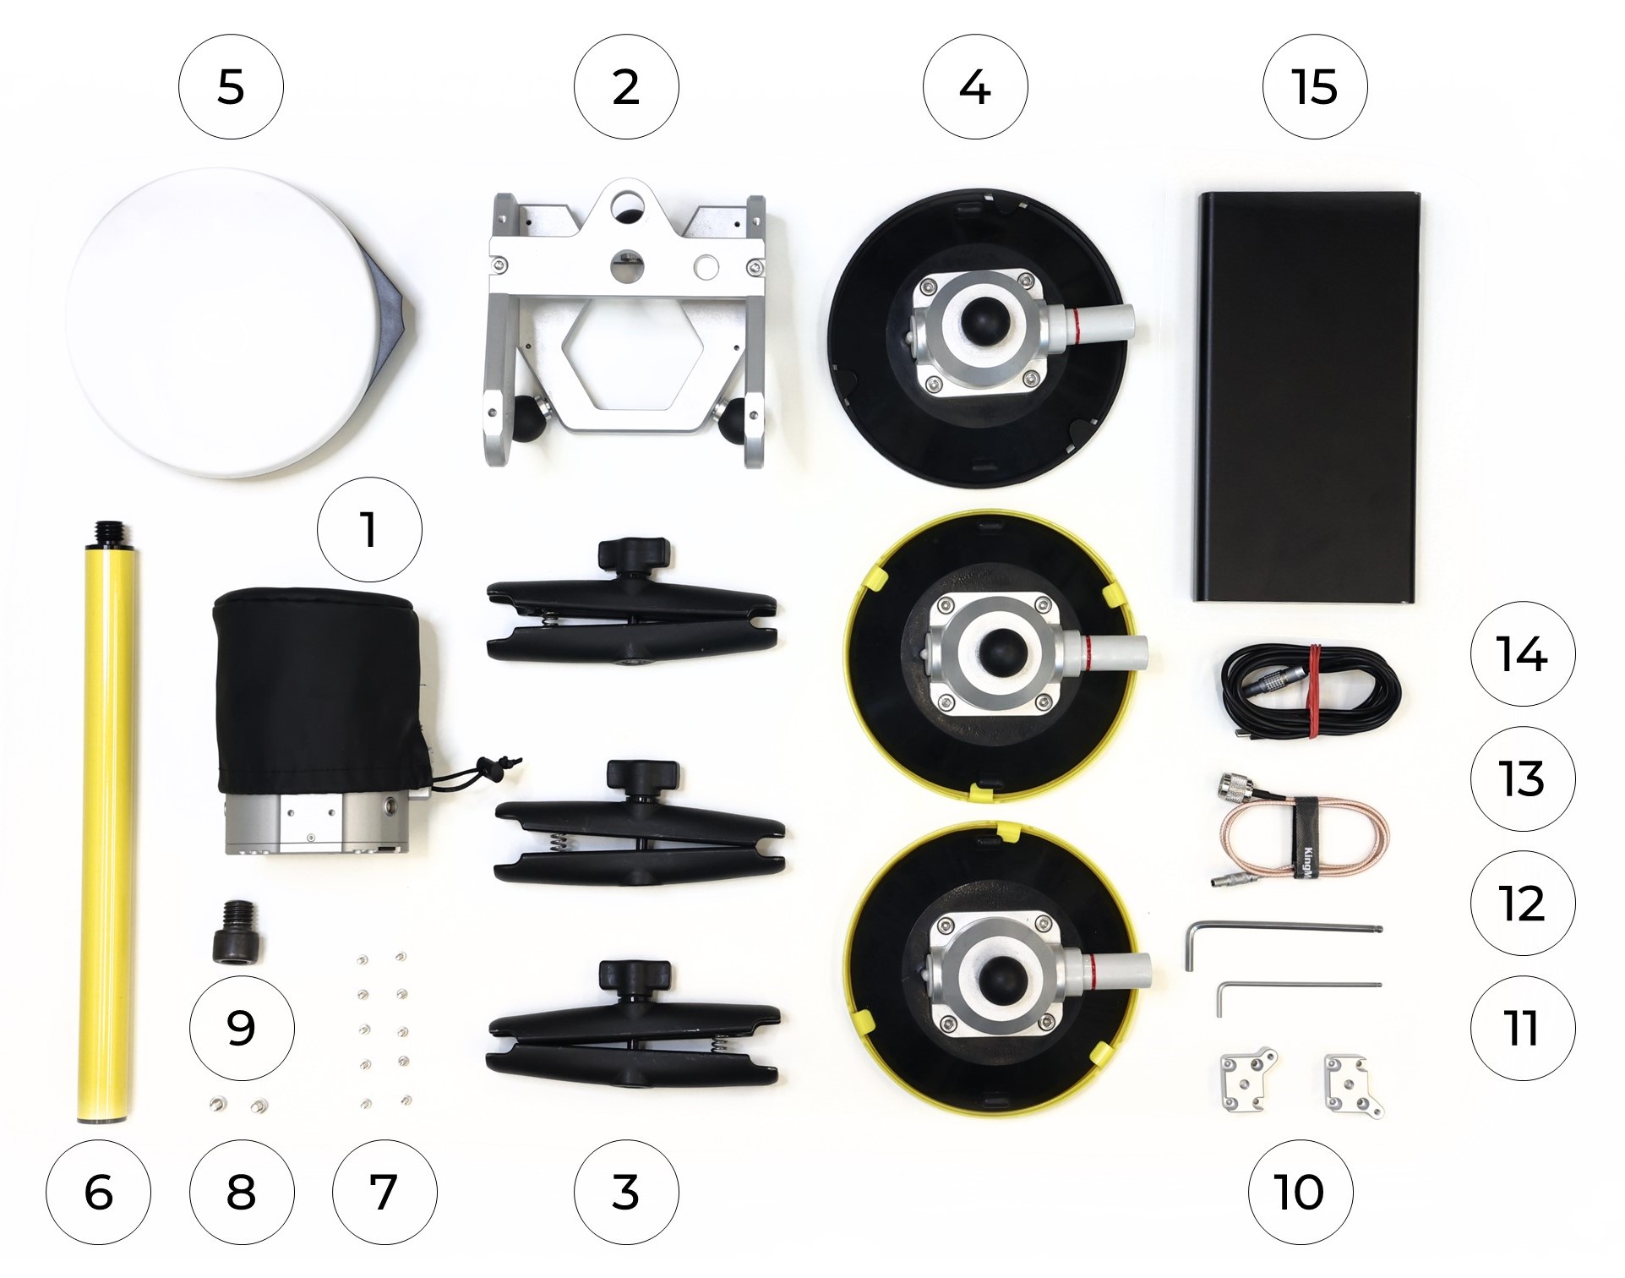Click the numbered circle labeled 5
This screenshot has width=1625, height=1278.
[x=231, y=87]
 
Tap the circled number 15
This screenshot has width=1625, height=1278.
[x=1315, y=87]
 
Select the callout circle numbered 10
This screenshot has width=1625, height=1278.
[x=1301, y=1192]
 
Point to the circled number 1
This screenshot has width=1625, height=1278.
[x=369, y=530]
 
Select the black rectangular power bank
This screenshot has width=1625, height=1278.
[x=1306, y=397]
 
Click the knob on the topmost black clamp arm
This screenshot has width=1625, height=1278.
[x=635, y=554]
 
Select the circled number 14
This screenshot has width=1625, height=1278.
[x=1523, y=653]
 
